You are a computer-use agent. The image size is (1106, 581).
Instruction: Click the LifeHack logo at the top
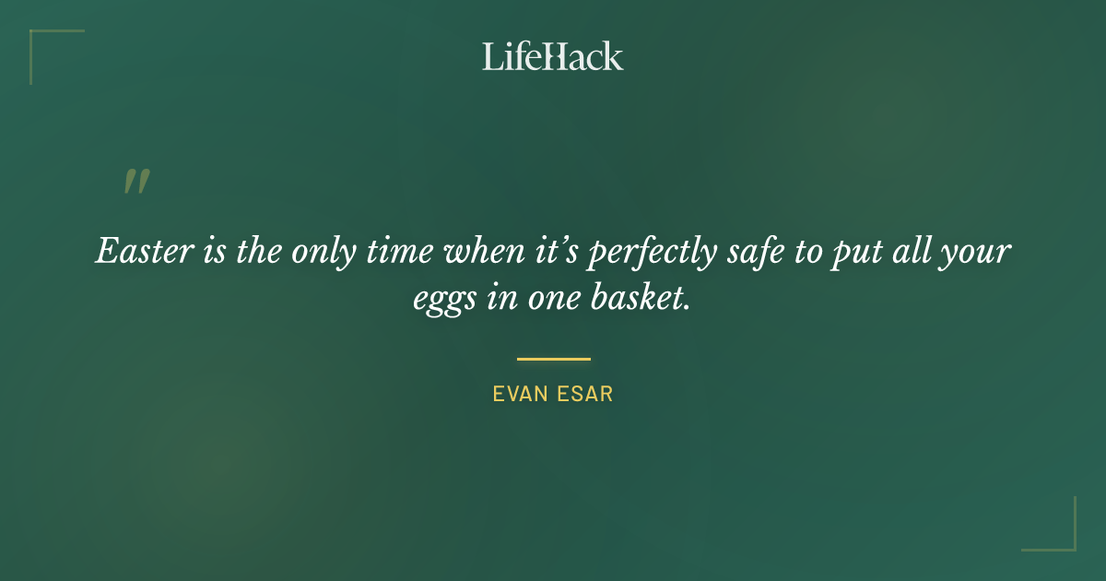click(x=552, y=56)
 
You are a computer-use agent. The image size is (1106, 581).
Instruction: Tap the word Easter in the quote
click(x=138, y=251)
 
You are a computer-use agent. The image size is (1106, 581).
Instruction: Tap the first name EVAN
click(x=519, y=394)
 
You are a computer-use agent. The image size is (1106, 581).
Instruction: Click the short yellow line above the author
click(x=553, y=359)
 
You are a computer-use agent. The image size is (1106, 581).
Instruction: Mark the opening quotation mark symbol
click(x=135, y=182)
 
